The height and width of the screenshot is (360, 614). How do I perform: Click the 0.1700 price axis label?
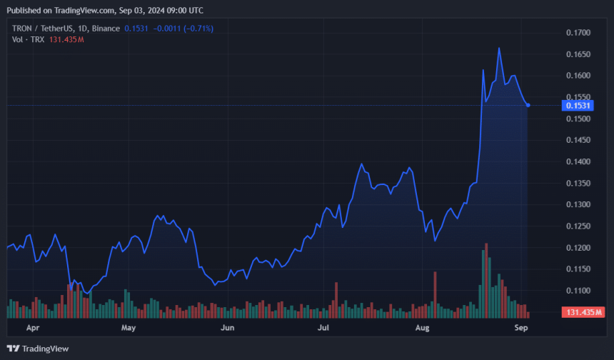[578, 33]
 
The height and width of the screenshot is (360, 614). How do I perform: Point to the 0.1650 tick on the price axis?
[578, 54]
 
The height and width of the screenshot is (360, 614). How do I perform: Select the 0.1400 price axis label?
[578, 162]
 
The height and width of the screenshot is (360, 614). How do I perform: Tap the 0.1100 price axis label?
[578, 291]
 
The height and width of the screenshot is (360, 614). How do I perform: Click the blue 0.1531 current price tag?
[577, 106]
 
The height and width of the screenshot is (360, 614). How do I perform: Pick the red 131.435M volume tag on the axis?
[584, 313]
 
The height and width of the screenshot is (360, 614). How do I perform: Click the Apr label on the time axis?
[32, 329]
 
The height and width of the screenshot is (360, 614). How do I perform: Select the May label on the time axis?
[129, 329]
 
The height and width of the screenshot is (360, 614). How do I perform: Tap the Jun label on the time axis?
[227, 329]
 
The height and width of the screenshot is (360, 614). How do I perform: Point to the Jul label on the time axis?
[323, 329]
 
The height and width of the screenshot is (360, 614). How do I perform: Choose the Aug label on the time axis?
[423, 329]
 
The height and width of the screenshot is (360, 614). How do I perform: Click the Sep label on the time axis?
[521, 329]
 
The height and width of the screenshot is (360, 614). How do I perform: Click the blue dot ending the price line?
[528, 105]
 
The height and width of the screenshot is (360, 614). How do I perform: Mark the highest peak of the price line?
[498, 49]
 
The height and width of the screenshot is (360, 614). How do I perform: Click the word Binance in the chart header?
[106, 28]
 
